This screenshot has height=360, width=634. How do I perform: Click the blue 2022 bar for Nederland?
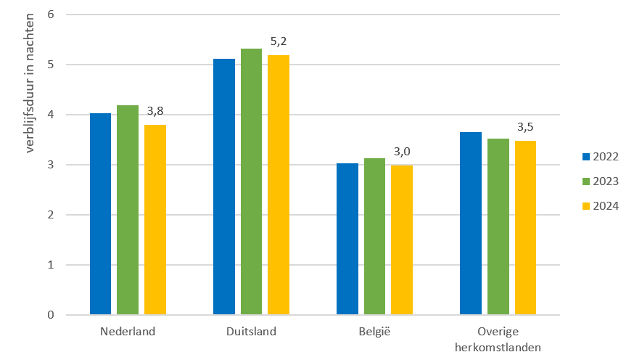100,214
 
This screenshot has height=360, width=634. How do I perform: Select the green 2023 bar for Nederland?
128,210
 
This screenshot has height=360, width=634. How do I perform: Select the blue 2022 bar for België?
347,240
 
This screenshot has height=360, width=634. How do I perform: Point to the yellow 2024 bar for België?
402,240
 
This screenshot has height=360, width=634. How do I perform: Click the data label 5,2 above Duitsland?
279,41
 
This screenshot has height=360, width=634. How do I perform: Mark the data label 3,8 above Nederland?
155,111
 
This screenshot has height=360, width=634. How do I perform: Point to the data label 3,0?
402,151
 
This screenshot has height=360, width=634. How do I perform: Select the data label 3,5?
525,127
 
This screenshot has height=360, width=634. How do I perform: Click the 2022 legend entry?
600,156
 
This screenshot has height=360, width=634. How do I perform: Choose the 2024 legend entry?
600,205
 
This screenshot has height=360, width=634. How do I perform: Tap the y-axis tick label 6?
51,15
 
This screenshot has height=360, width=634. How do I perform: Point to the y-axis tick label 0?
51,315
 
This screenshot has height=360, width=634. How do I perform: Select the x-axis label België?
374,332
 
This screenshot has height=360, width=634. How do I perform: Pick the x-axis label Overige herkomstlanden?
498,340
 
